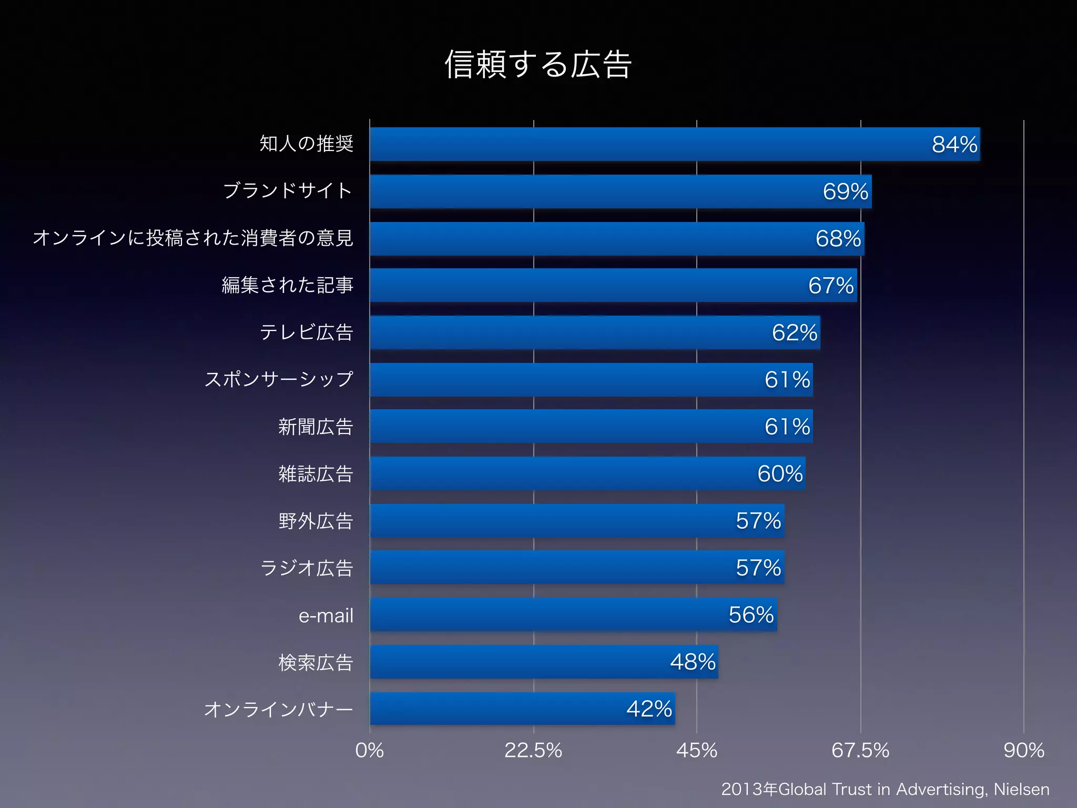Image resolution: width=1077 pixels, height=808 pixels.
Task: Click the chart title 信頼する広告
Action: (x=538, y=65)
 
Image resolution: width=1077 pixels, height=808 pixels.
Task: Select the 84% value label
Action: (x=954, y=145)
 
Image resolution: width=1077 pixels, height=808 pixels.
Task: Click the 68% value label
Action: (x=838, y=239)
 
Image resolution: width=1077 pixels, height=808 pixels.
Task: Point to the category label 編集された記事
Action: (x=287, y=285)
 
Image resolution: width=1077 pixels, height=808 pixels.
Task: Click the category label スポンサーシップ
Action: (x=279, y=379)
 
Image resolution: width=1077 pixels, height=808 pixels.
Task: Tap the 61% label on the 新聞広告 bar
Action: (x=787, y=427)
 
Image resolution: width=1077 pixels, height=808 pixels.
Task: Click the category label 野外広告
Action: (x=316, y=521)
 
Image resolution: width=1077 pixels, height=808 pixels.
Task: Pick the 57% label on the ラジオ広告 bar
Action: (x=758, y=568)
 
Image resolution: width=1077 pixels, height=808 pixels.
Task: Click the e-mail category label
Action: (x=326, y=615)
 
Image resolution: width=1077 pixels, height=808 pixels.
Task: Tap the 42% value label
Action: (x=649, y=709)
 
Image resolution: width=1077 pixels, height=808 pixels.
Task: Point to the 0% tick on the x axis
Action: (x=369, y=750)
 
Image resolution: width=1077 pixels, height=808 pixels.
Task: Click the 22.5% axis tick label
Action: (x=533, y=750)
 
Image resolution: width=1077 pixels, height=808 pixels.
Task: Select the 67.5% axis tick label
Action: (x=860, y=750)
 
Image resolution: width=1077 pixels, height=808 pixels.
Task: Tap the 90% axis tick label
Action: (x=1023, y=750)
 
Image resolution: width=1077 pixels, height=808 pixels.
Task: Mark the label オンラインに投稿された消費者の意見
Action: (x=193, y=238)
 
